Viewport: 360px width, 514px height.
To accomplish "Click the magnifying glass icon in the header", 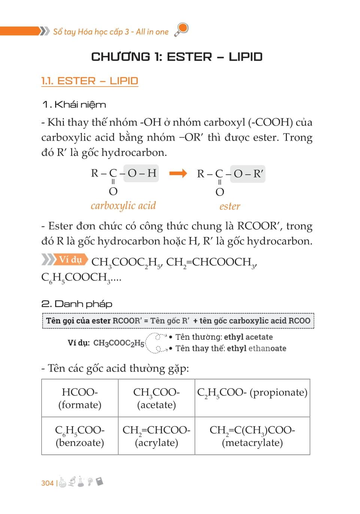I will point(182,30).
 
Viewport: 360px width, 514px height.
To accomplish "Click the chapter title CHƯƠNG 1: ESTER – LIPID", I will point(177,57).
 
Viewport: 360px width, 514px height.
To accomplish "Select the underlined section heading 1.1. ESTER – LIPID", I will point(90,81).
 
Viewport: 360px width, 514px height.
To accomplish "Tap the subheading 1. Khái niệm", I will point(74,104).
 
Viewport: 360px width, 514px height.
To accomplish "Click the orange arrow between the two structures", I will point(178,173).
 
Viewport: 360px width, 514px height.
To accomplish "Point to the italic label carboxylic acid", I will point(123,205).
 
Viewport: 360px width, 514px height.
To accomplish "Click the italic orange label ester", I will point(230,206).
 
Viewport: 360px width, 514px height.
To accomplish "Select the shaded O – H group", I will point(141,173).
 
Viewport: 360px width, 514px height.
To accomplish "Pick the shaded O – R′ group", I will point(248,174).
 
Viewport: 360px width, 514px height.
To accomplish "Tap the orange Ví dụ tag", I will point(70,259).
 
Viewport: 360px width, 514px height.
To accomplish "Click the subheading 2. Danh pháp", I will point(77,304).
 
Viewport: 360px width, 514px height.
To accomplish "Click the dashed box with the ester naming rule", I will point(178,321).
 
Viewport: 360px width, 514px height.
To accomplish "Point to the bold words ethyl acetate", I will point(248,337).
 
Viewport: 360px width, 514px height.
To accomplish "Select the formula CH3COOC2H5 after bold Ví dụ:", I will point(119,343).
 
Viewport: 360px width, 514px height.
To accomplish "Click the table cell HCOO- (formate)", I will point(80,398).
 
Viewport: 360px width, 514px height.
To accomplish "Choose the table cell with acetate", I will point(157,398).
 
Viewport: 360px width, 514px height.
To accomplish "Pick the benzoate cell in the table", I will point(80,436).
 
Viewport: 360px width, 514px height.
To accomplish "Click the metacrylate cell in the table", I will point(252,436).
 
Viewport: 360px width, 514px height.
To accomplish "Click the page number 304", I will point(47,483).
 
